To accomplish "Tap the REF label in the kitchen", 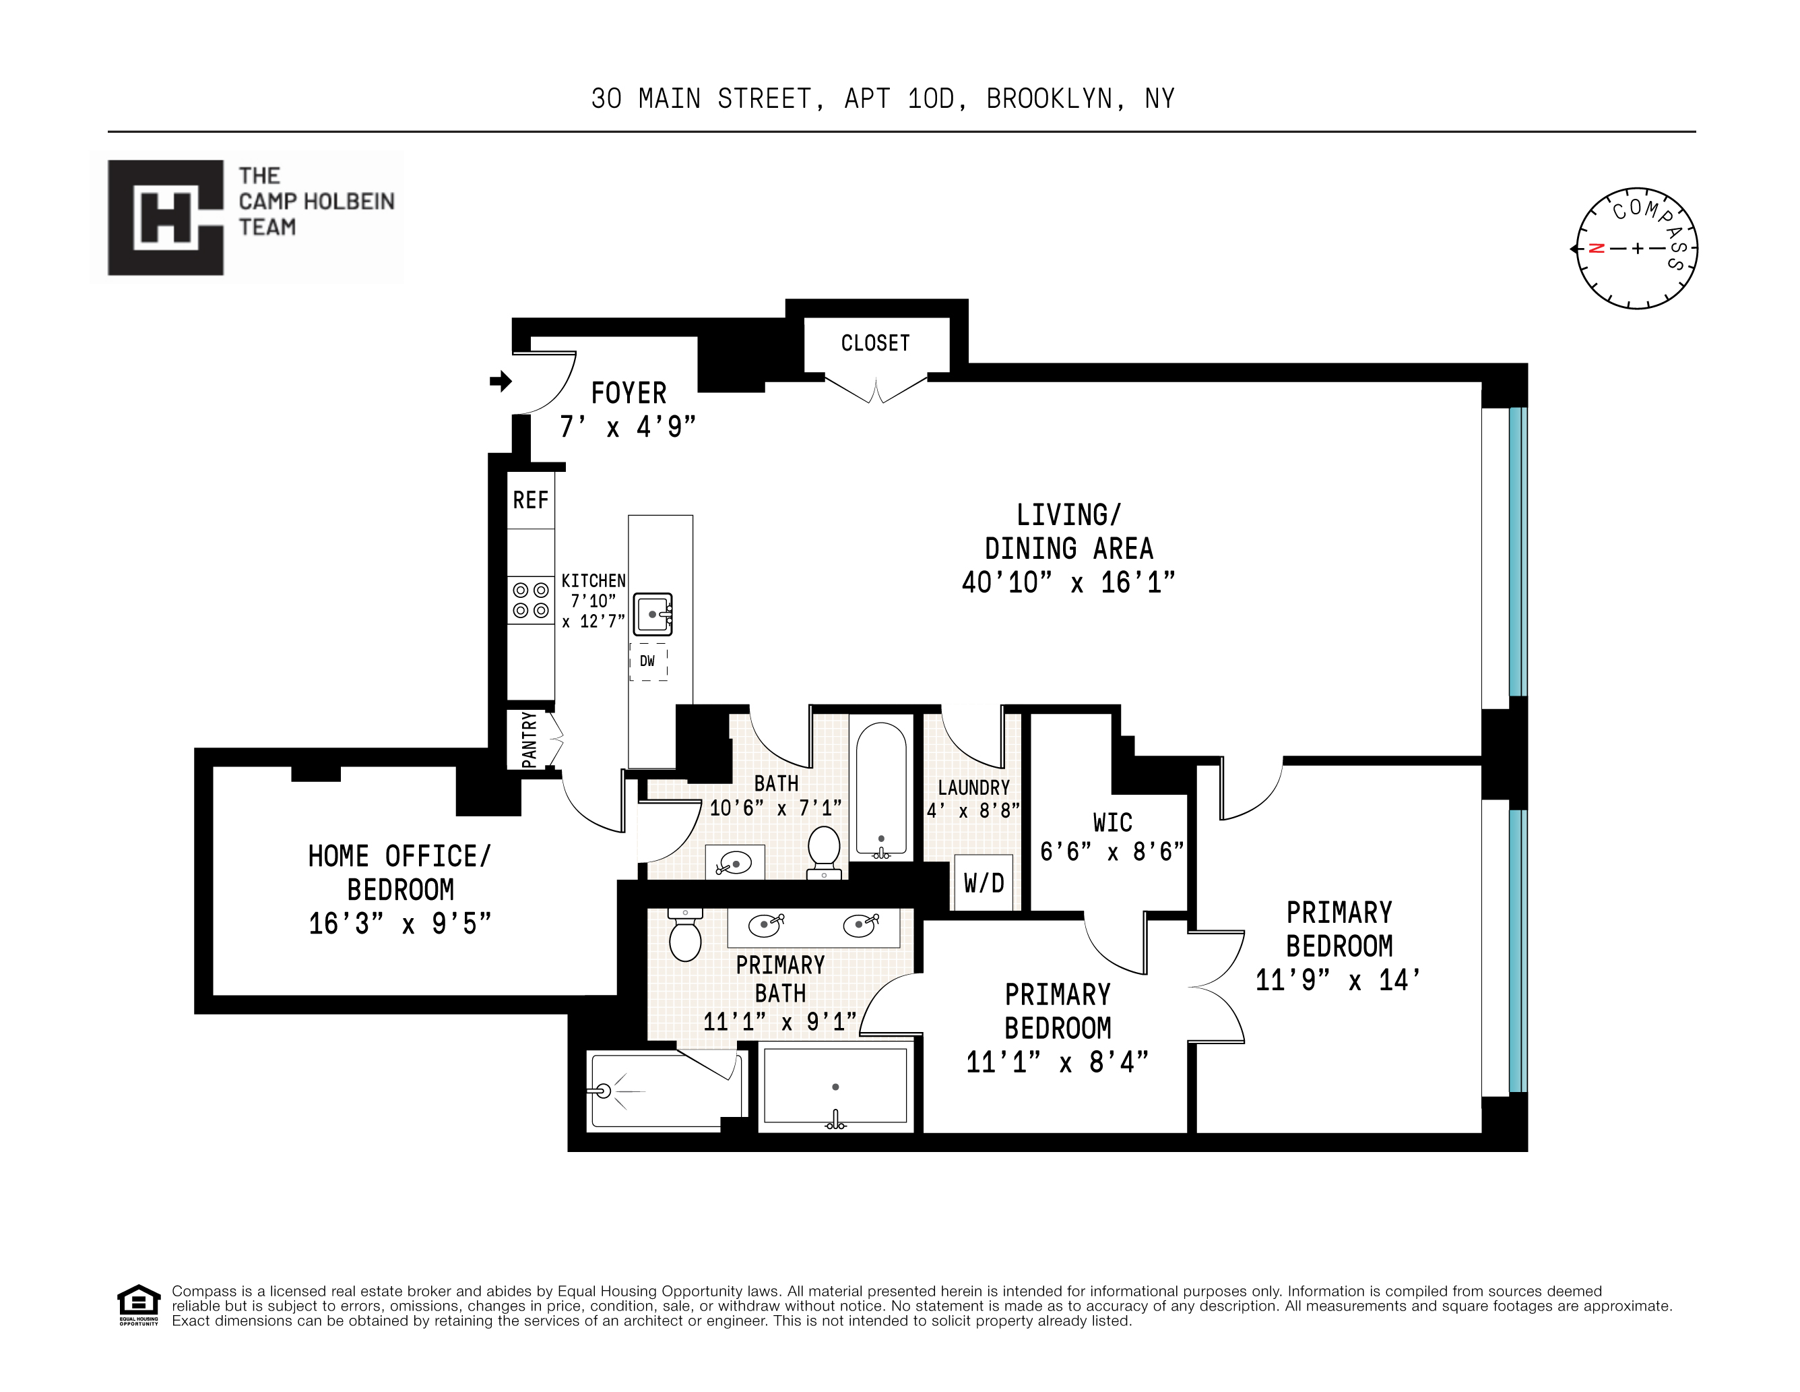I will [530, 500].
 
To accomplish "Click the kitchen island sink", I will [653, 614].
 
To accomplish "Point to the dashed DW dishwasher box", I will [648, 662].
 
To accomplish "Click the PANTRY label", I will [529, 739].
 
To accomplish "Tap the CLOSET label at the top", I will [875, 343].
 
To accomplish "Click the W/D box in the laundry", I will [984, 884].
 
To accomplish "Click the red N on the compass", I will [1597, 248].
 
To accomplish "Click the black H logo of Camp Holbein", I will [166, 218].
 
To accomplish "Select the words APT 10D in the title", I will [899, 99].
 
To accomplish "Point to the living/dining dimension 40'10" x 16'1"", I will [1068, 583].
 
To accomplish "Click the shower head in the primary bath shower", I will [604, 1091].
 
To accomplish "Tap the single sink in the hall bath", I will [733, 864].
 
